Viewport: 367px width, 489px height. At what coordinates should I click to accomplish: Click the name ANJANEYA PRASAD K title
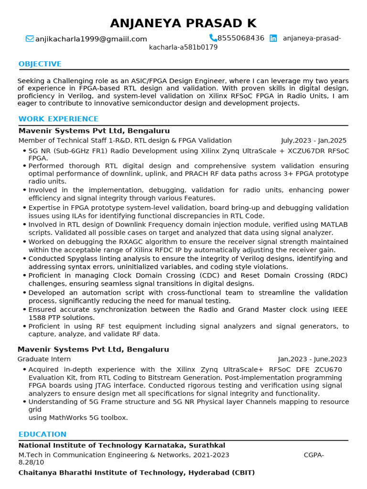point(183,23)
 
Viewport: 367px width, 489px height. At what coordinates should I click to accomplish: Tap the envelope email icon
point(30,39)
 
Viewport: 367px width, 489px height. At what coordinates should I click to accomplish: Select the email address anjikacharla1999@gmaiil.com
point(91,39)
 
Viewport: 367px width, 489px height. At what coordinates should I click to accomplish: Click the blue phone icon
point(213,38)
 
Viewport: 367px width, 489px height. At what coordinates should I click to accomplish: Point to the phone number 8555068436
point(241,38)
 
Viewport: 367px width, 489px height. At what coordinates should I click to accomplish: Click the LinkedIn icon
point(273,38)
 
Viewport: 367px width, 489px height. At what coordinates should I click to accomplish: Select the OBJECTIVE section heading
point(40,64)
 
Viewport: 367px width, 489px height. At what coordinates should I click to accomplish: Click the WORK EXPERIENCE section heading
point(58,119)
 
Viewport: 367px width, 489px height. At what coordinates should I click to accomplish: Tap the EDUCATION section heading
point(42,434)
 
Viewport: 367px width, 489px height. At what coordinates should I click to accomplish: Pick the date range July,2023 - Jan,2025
point(313,140)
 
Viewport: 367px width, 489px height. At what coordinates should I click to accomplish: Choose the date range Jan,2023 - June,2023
point(313,359)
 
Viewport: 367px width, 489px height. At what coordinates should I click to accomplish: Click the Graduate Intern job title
point(44,359)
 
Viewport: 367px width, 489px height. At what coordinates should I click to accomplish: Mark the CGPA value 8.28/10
point(31,462)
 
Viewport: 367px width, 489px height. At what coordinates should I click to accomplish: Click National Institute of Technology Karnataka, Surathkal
point(121,446)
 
